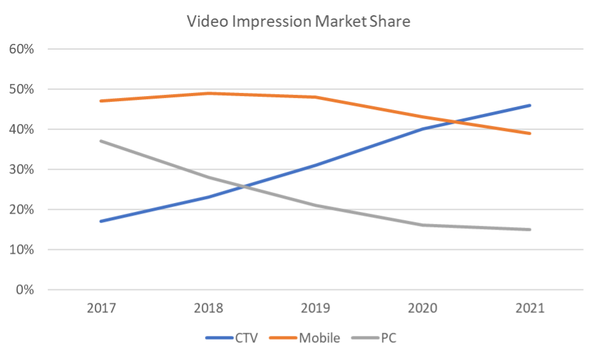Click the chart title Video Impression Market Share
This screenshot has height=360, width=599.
point(299,22)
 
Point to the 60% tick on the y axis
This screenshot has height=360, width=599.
point(22,50)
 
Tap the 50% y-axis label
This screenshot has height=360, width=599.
point(22,90)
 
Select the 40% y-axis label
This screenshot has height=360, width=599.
point(22,130)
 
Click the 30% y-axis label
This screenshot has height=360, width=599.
point(22,170)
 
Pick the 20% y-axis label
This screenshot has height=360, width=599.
point(22,210)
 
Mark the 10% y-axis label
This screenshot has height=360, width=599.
point(22,250)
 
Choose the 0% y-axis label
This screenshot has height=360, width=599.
point(25,290)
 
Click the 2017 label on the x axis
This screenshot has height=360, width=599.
point(101,309)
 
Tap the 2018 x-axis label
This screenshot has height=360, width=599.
point(209,309)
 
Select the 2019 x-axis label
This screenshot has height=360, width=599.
point(316,309)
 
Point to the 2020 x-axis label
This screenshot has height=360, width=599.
point(423,309)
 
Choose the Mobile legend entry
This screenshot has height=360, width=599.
point(319,338)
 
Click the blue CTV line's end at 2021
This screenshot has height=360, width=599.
point(530,106)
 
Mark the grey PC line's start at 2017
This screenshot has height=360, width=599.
point(101,141)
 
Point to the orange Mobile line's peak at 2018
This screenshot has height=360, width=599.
point(209,93)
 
